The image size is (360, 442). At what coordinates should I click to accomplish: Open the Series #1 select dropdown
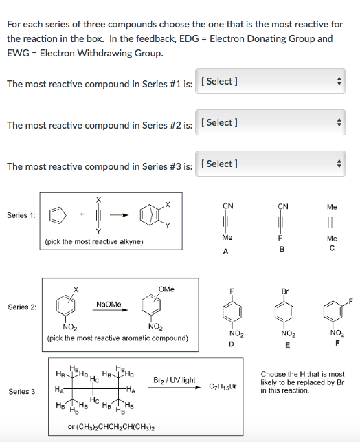coord(274,82)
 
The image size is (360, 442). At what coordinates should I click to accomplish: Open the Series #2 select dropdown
coord(274,123)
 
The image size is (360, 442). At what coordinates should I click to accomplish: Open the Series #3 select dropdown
coord(274,164)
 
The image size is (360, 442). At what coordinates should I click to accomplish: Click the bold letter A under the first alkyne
coord(227,252)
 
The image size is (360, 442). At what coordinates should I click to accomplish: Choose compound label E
coord(284,344)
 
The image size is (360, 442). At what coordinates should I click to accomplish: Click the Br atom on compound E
coord(284,291)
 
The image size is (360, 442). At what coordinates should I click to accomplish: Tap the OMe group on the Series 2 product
coord(166,289)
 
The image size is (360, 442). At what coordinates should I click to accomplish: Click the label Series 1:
coord(22,215)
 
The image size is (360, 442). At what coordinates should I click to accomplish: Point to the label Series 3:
coord(22,391)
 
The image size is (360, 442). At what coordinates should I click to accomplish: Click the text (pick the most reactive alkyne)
coord(85,243)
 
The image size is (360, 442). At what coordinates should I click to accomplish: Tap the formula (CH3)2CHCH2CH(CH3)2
coord(110,427)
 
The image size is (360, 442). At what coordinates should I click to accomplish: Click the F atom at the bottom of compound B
coord(282,239)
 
